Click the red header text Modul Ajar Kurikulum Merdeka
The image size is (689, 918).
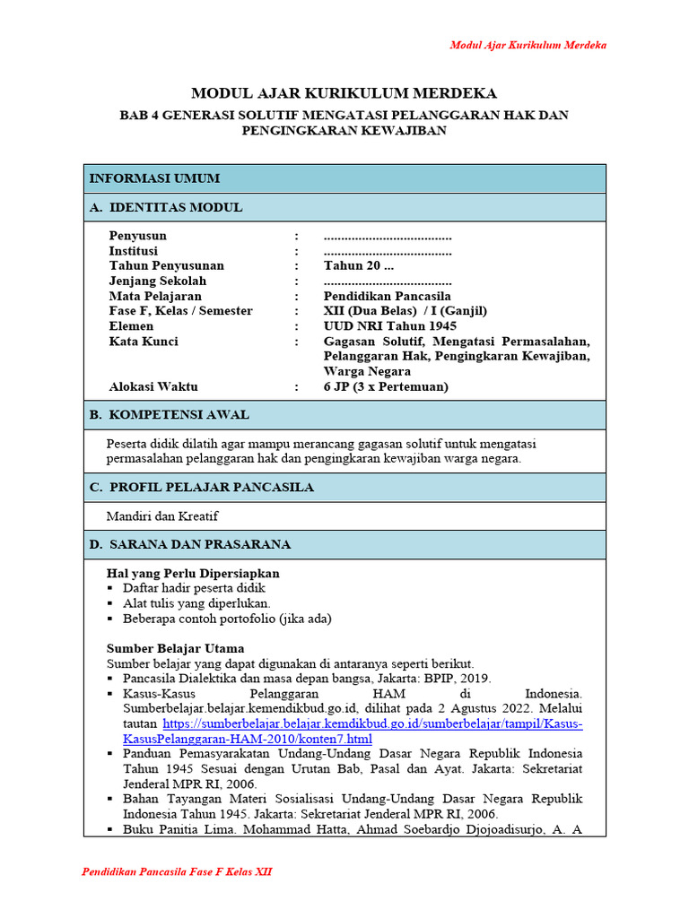[528, 45]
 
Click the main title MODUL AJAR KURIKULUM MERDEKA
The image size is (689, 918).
[344, 94]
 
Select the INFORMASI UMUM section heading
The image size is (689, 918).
[154, 178]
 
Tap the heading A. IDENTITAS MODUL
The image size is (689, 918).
[166, 207]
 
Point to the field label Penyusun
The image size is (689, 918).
[138, 237]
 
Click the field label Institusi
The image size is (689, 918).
[134, 251]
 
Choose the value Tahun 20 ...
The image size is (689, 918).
[358, 266]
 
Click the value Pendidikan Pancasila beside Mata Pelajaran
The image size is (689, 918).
[387, 296]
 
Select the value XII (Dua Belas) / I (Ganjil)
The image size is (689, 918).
[405, 311]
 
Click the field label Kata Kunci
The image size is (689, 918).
[144, 342]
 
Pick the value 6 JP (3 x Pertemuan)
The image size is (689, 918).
[386, 387]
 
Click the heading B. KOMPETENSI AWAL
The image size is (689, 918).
[170, 415]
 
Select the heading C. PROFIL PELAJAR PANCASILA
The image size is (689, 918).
[202, 488]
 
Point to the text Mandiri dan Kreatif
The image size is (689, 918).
[162, 516]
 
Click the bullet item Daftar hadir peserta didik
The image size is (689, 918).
[195, 588]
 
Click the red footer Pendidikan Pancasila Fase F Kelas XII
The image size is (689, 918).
[177, 872]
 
